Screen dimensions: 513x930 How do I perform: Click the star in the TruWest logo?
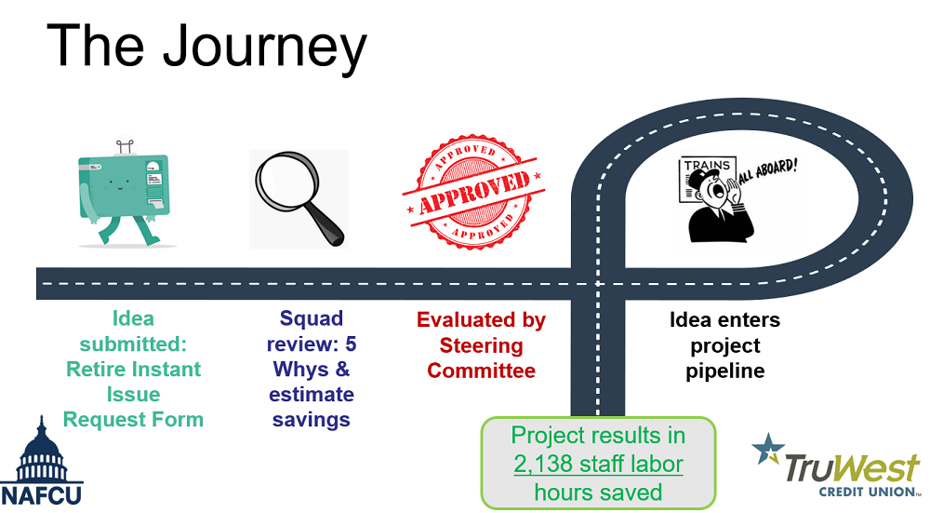point(768,450)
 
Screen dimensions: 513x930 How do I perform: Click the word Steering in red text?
point(481,345)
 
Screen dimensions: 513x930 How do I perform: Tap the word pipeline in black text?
point(724,371)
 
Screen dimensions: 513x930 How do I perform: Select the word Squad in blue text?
point(311,319)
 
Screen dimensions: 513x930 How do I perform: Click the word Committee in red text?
point(481,371)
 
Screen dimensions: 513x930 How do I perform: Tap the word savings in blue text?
point(311,420)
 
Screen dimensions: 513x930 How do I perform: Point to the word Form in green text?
point(178,419)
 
